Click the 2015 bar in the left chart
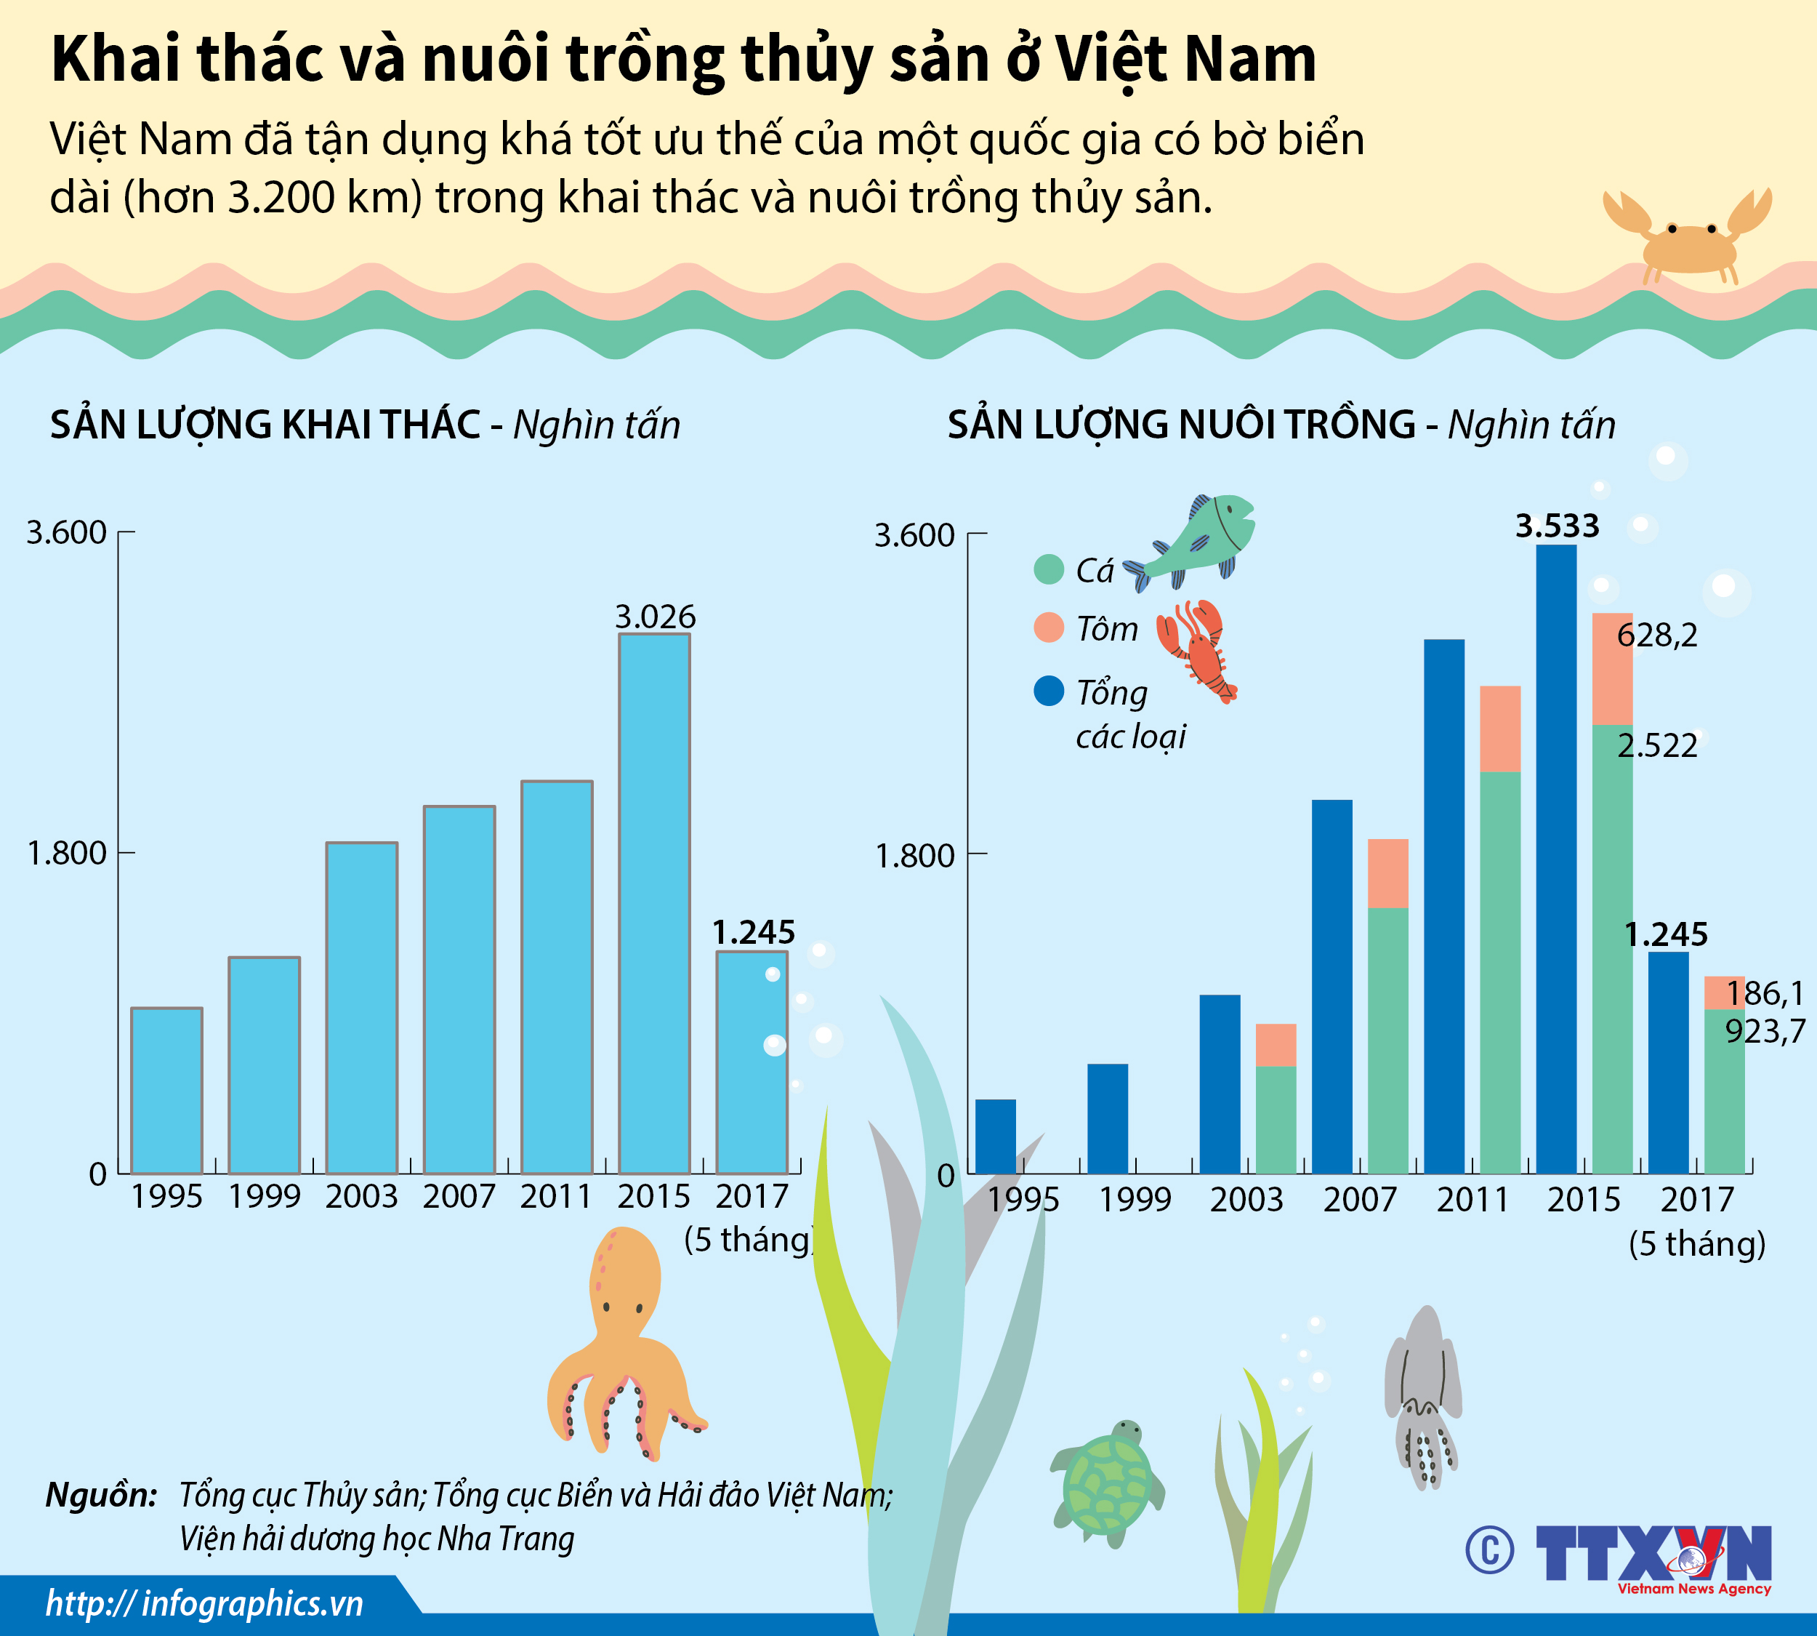click(x=654, y=903)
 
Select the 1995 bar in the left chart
click(x=166, y=1091)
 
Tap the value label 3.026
click(x=655, y=617)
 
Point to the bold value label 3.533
click(x=1558, y=526)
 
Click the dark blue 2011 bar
click(x=1444, y=906)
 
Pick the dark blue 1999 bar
click(x=1107, y=1118)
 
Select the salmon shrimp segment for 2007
click(x=1387, y=873)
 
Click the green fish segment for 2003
click(x=1275, y=1119)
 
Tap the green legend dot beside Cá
click(x=1049, y=569)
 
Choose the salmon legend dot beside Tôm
click(x=1049, y=627)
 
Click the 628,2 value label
click(x=1657, y=635)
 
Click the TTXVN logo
click(x=1653, y=1553)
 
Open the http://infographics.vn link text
click(x=205, y=1603)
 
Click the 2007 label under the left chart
click(x=459, y=1196)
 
